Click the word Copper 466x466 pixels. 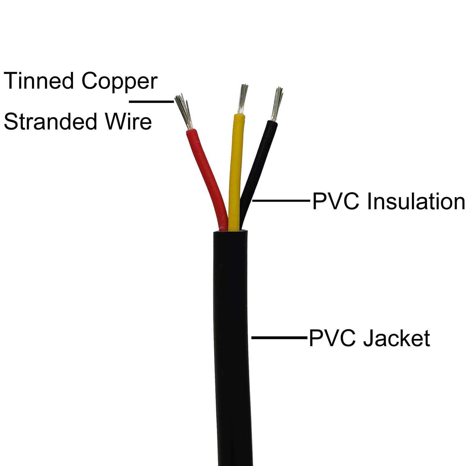[120, 81]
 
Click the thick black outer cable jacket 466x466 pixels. [231, 342]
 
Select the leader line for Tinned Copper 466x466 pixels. [151, 101]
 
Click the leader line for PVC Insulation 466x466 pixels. [281, 201]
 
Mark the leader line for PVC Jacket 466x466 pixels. [278, 337]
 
